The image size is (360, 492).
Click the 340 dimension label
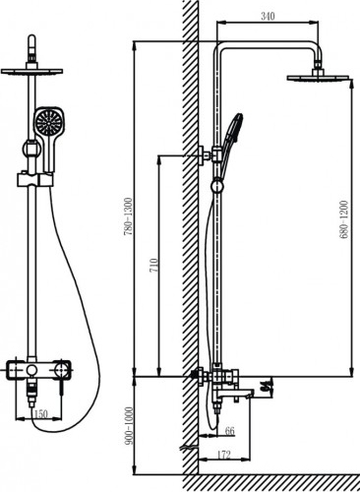click(x=268, y=16)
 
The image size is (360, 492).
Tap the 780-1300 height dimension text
click(x=129, y=216)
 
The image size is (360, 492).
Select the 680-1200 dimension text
click(x=343, y=219)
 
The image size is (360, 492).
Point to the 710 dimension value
click(x=153, y=265)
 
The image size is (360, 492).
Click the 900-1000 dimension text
click(x=129, y=426)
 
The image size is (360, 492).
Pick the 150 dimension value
click(x=41, y=414)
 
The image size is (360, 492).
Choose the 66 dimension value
click(x=230, y=431)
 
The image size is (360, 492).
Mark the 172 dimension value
click(x=224, y=455)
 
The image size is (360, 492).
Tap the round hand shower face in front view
click(x=48, y=121)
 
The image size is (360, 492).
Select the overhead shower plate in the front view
click(x=31, y=71)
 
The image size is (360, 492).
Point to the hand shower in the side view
click(x=229, y=141)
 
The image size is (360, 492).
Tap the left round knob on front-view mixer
click(x=31, y=370)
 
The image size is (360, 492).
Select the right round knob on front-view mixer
click(x=61, y=371)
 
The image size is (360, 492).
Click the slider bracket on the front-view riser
click(x=34, y=180)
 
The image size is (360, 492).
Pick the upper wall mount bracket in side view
click(x=204, y=154)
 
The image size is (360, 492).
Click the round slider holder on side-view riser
click(x=216, y=187)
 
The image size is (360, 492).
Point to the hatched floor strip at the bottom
click(x=271, y=483)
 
